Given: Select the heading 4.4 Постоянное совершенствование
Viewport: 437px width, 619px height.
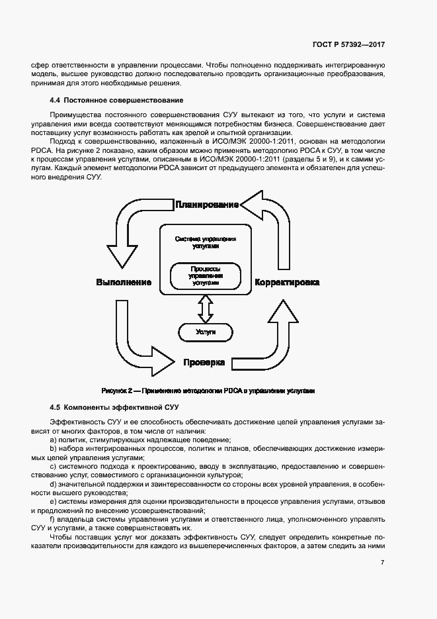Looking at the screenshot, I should pyautogui.click(x=116, y=100).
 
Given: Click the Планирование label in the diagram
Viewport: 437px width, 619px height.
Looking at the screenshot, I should pyautogui.click(x=206, y=205).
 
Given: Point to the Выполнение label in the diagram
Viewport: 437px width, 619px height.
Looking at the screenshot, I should pyautogui.click(x=124, y=283).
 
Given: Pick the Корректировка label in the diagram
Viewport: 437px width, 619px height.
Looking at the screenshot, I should pyautogui.click(x=288, y=283).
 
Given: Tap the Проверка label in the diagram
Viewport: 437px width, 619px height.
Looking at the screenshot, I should pyautogui.click(x=204, y=362).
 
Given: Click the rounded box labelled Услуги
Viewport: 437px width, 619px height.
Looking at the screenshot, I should pyautogui.click(x=206, y=331).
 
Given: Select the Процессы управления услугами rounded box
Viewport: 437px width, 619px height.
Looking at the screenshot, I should pyautogui.click(x=205, y=275).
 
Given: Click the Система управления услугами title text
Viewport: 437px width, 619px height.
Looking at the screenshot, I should pyautogui.click(x=205, y=242).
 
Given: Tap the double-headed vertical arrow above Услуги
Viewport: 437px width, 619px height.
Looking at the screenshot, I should pyautogui.click(x=206, y=307).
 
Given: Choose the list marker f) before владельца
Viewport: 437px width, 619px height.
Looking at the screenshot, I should pyautogui.click(x=53, y=520).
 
